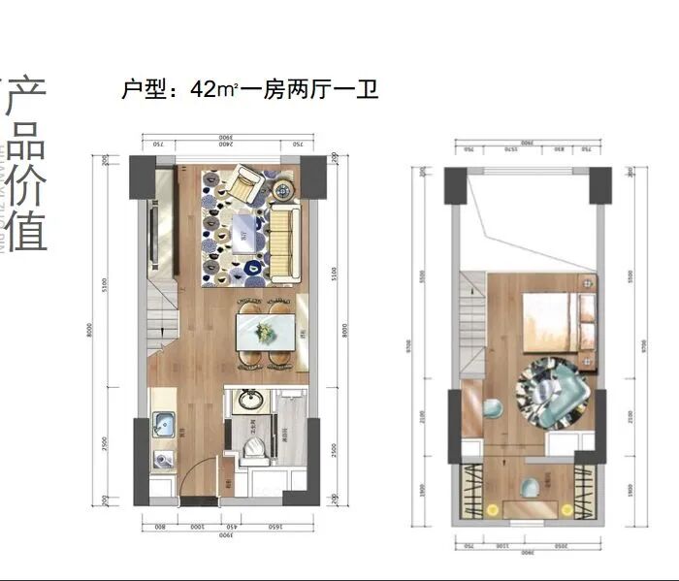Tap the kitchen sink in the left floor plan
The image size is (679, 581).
pos(163,424)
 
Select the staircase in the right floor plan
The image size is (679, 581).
pos(472,320)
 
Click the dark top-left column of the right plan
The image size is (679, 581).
pos(456,185)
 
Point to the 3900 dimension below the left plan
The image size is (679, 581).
pos(224,534)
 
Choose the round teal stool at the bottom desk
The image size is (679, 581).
pos(533,486)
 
